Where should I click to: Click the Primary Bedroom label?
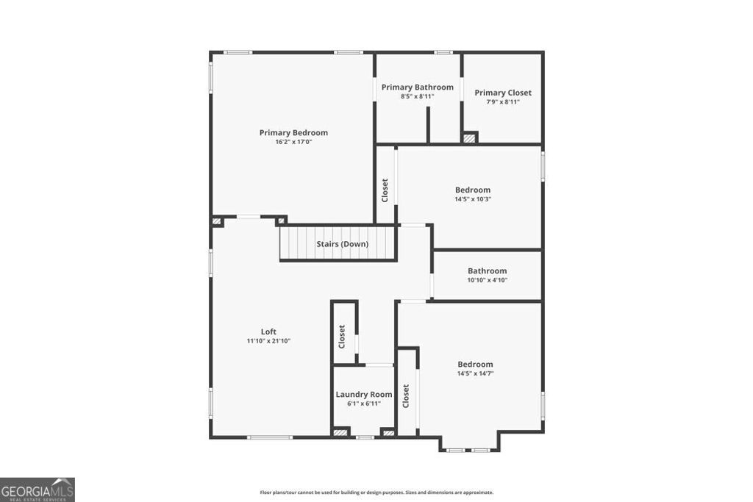coord(293,133)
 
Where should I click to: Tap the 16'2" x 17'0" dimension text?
coord(293,142)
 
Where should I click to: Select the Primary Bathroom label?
coord(417,87)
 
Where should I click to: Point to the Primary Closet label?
coord(503,93)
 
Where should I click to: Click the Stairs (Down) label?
coord(342,244)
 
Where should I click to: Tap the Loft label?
coord(268,331)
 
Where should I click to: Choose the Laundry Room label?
coord(364,395)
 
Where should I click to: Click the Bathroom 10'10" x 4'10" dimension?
coord(487,280)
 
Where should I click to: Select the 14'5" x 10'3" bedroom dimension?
coord(472,199)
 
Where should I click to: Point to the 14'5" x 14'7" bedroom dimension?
coord(475,373)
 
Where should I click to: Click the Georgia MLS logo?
coord(38,490)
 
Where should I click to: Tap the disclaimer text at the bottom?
coord(376,492)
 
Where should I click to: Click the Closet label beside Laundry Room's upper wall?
coord(342,337)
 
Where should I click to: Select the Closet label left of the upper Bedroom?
coord(385,190)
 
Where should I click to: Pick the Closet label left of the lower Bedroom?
coord(406,396)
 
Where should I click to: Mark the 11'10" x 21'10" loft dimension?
coord(268,341)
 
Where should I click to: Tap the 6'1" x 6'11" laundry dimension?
coord(364,404)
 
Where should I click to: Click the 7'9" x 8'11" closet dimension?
coord(503,102)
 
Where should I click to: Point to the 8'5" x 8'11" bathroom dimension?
coord(417,96)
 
